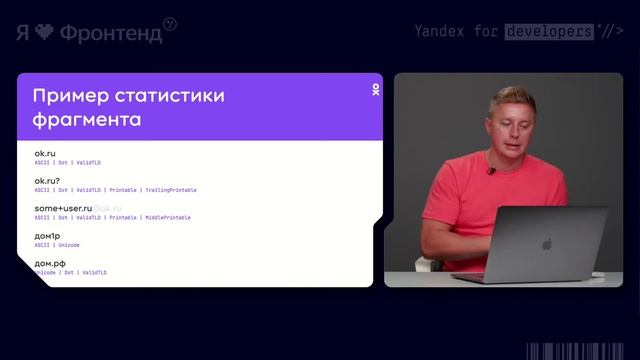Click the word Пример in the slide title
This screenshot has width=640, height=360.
[x=66, y=96]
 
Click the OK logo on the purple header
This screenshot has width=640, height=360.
[x=375, y=90]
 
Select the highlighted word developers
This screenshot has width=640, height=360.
[x=548, y=31]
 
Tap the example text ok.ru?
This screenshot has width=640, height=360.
[x=48, y=181]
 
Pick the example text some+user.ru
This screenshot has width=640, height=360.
[x=63, y=209]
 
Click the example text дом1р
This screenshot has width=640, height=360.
[x=49, y=236]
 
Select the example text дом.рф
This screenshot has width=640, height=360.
[x=50, y=264]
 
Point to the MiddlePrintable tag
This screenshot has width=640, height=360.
[x=167, y=217]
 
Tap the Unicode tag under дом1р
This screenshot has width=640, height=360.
[x=69, y=245]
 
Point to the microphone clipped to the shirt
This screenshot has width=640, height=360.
[x=490, y=171]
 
